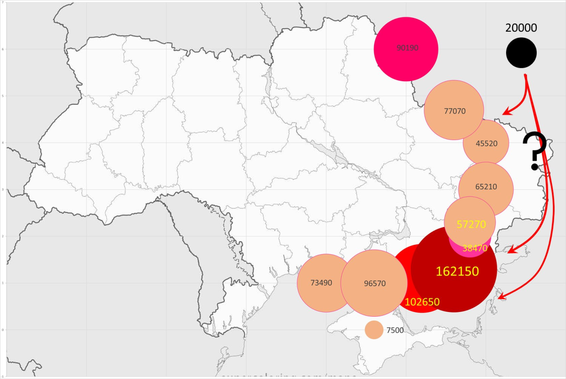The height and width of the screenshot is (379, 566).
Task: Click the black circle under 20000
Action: coord(521,53)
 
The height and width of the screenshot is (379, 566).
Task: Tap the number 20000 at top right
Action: coord(521,28)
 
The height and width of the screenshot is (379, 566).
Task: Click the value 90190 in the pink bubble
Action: coord(407,48)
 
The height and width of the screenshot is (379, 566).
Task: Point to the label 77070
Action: coord(455,112)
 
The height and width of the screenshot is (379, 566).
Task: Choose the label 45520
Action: coord(486,143)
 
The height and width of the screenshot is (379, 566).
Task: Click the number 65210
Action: coord(486,187)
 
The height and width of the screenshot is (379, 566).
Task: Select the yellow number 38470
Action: coord(475,247)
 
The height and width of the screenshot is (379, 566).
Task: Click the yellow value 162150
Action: coord(457,271)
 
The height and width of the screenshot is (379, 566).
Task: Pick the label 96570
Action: coord(375,284)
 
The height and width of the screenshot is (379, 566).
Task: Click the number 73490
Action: coord(321,283)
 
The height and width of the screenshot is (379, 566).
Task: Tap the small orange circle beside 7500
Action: coord(374,330)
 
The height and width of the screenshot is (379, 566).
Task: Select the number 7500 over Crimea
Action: coord(395,330)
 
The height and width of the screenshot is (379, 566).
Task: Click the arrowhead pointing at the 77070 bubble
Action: coord(506,113)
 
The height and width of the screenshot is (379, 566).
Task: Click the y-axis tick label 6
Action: coord(3,49)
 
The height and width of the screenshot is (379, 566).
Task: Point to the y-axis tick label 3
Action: coord(3,190)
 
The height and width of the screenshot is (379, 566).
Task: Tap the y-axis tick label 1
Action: coord(3,283)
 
